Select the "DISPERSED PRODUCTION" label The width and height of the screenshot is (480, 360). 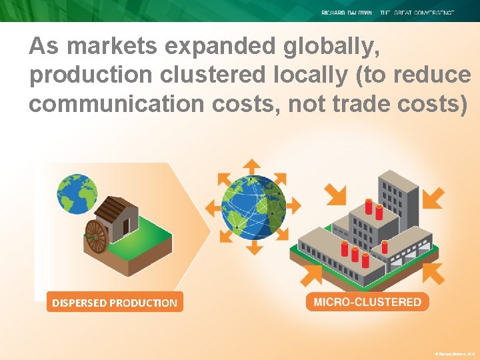click(115, 303)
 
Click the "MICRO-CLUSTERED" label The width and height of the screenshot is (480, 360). click(367, 302)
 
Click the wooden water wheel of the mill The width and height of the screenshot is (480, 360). click(97, 236)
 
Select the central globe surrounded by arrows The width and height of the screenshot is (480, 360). click(253, 207)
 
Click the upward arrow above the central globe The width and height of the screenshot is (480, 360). click(252, 167)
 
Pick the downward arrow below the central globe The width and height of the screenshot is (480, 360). click(254, 247)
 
